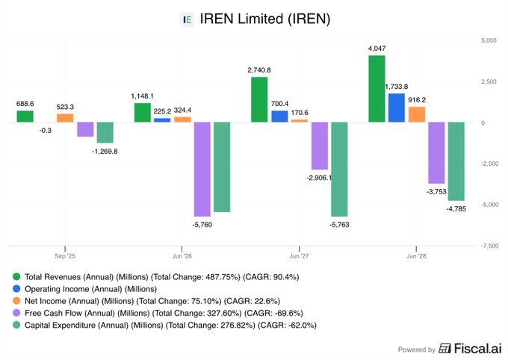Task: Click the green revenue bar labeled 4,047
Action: [x=377, y=89]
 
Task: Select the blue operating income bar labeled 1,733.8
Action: [x=397, y=108]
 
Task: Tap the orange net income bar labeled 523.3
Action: [x=65, y=118]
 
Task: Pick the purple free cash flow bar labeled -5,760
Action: [x=202, y=170]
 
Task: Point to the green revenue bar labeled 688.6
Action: [x=25, y=117]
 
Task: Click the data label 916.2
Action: [x=416, y=99]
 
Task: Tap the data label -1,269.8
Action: [x=105, y=151]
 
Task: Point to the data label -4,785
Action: [x=456, y=208]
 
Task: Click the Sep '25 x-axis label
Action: [x=65, y=255]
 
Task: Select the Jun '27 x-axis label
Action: [x=299, y=255]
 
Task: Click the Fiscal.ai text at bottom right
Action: [x=471, y=349]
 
